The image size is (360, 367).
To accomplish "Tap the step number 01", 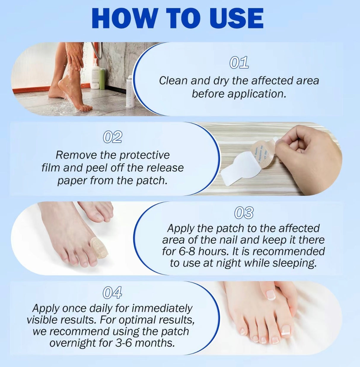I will tap(239, 63).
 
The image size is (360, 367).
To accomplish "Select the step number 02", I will tap(112, 137).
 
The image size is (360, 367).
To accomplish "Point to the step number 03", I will tap(244, 213).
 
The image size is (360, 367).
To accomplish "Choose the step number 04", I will tap(112, 293).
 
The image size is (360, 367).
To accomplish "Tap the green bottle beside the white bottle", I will tap(103, 79).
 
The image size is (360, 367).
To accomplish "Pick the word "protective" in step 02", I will tap(145, 155).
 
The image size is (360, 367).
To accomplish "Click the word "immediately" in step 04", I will tap(162, 308).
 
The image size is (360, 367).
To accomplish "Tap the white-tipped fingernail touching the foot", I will tap(271, 295).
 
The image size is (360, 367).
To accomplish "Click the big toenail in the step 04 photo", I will tap(286, 330).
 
